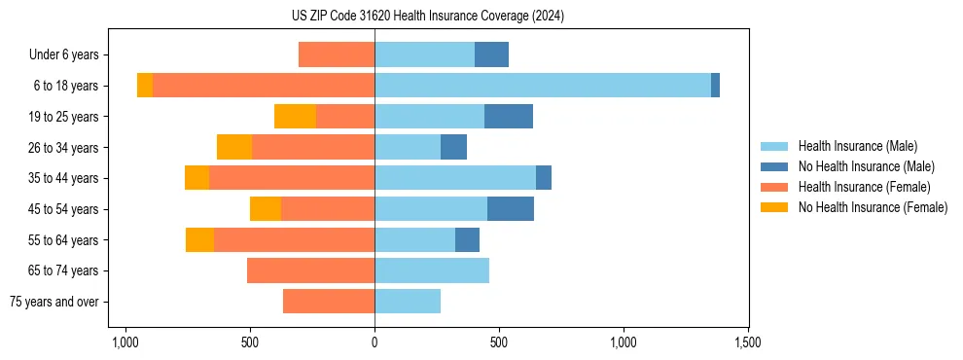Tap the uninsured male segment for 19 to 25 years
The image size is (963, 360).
click(509, 117)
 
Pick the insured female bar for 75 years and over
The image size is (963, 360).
click(329, 302)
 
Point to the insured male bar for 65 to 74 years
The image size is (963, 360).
click(432, 270)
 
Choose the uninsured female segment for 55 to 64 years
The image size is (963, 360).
click(199, 240)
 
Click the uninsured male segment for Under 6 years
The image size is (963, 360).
click(491, 54)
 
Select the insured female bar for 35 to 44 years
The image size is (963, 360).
click(292, 178)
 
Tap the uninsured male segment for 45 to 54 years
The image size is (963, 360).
click(511, 209)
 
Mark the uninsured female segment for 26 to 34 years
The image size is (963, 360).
click(234, 148)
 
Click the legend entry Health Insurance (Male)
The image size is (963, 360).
click(857, 146)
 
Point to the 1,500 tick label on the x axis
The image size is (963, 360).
click(747, 342)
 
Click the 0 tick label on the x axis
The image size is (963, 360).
click(374, 342)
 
